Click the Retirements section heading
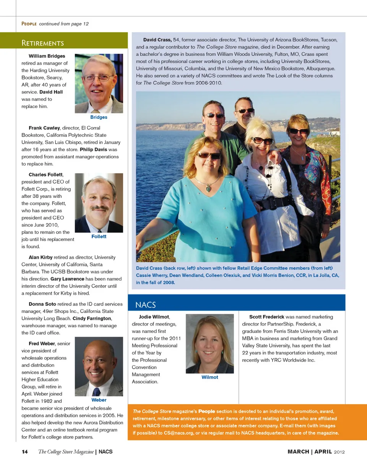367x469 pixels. (42, 43)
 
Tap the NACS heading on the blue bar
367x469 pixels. (145, 304)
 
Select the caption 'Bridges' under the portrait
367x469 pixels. (99, 117)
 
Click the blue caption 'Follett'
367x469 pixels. (99, 237)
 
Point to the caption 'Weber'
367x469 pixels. (99, 400)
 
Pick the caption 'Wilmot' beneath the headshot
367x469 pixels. (209, 377)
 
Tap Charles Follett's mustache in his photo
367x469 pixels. (100, 208)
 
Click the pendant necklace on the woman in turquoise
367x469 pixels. (208, 187)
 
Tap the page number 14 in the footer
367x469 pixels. (25, 452)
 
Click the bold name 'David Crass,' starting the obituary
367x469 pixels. (157, 40)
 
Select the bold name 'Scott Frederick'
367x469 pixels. (266, 317)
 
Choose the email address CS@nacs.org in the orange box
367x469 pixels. (177, 433)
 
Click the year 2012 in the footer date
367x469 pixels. (339, 452)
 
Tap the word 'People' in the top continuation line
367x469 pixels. (29, 24)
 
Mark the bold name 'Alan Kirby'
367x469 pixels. (41, 257)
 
